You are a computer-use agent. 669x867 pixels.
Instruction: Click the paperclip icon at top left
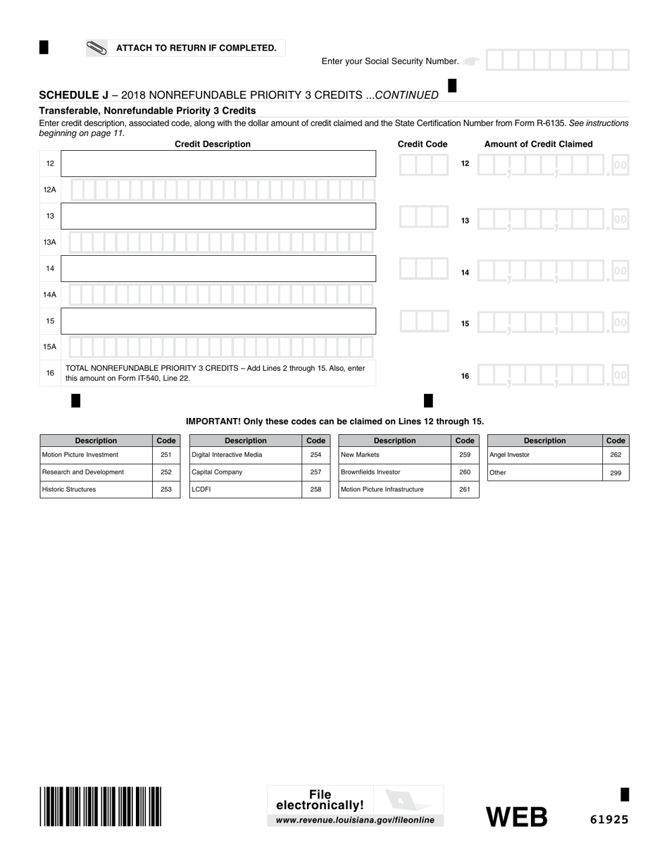(96, 48)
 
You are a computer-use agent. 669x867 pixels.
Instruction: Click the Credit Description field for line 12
(218, 164)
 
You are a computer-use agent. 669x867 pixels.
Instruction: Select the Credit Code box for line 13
(423, 216)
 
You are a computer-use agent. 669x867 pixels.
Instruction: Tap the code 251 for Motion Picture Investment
(166, 455)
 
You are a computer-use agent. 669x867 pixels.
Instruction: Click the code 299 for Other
(615, 473)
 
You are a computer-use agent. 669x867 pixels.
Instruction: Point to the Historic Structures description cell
(96, 489)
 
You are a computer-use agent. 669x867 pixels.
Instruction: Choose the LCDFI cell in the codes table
(245, 489)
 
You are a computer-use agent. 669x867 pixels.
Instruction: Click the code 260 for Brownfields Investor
(465, 472)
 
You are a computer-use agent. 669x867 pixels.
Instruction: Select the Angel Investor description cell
(544, 455)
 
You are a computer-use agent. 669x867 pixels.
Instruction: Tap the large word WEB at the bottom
(517, 817)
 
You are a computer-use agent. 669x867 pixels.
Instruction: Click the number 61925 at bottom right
(609, 819)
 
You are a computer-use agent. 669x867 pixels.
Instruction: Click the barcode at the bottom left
(101, 806)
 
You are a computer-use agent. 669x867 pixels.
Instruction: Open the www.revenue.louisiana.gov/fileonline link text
(355, 820)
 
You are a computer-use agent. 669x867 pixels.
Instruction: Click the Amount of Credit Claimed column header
(538, 144)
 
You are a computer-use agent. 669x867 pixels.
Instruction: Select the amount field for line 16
(552, 375)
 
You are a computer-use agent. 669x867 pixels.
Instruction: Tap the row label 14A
(50, 295)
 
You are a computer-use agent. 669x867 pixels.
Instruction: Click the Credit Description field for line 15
(218, 321)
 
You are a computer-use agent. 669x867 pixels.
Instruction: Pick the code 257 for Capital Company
(315, 472)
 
